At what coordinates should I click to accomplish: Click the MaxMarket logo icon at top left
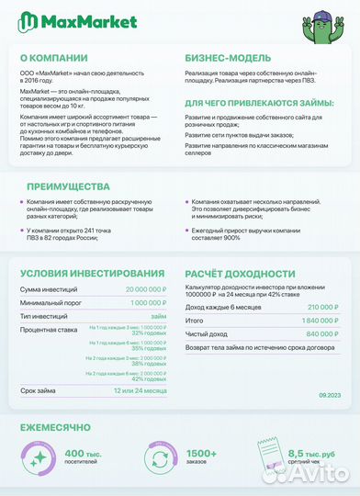tap(30, 21)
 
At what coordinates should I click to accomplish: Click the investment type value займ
tap(159, 315)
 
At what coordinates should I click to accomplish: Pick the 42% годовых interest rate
tap(148, 378)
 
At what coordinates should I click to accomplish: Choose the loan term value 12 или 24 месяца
tap(139, 391)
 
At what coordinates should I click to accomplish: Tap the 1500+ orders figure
tap(200, 454)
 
